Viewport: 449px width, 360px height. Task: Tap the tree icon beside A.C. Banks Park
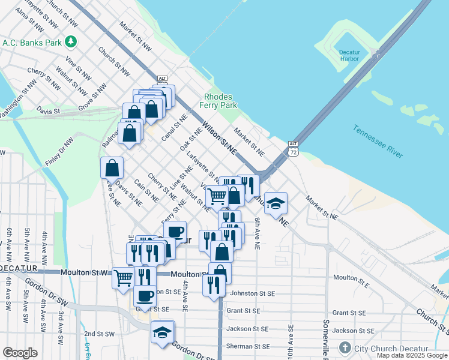(71, 41)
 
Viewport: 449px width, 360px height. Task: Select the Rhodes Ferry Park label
(220, 101)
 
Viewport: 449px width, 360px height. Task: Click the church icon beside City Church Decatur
(345, 348)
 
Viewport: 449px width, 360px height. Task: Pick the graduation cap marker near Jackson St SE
(162, 332)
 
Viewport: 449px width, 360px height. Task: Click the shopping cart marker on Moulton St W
(123, 278)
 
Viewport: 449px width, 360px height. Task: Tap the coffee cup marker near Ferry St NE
(175, 232)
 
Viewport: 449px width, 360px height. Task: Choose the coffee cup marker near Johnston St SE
(145, 295)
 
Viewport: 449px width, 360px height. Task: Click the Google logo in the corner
(20, 353)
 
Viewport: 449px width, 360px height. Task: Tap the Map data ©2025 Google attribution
(412, 355)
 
